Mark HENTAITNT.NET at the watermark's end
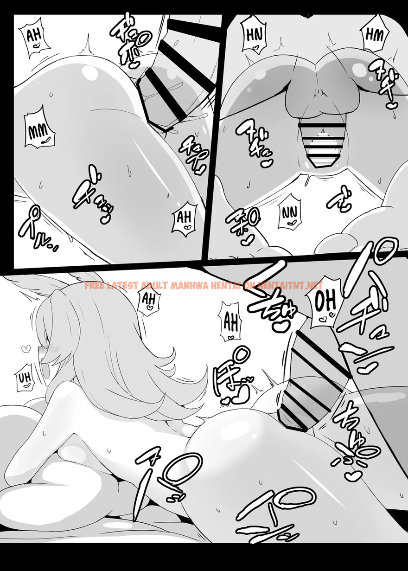tap(290, 286)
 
